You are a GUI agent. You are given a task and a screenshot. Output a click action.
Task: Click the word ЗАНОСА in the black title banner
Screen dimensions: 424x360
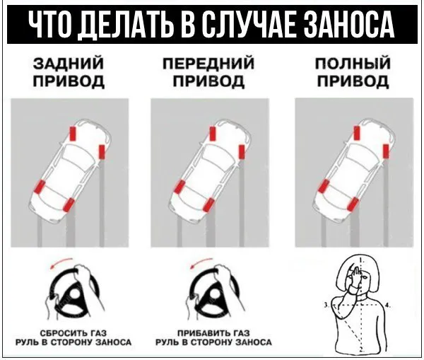coord(348,25)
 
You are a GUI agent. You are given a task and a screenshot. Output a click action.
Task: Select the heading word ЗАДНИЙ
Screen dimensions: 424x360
coord(69,63)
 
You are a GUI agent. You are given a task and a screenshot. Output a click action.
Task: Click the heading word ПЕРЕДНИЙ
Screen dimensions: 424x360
coord(208,64)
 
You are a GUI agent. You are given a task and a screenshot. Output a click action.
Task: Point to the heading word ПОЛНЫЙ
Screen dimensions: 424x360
coord(353,64)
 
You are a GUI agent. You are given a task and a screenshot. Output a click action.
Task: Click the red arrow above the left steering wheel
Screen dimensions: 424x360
coord(61,262)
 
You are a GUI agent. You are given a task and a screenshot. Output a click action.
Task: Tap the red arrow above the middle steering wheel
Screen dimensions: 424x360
coord(201,262)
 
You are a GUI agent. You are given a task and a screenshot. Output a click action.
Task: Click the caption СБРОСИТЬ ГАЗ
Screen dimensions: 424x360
coord(73,333)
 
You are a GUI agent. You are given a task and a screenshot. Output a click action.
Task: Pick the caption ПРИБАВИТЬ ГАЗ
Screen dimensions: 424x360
coord(213,333)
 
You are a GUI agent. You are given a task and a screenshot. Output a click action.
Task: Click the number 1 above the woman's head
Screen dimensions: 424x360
coord(363,260)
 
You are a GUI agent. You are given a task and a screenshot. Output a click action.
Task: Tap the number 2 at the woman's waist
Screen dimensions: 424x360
coord(362,349)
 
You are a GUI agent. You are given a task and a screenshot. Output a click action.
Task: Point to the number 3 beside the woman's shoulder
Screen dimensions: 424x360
coord(326,306)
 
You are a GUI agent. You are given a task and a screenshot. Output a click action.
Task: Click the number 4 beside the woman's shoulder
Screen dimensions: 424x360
coord(387,306)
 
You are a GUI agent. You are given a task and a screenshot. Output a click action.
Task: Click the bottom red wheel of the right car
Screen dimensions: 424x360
coord(353,204)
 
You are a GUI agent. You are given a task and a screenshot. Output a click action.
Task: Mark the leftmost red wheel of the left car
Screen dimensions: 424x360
coord(40,187)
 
